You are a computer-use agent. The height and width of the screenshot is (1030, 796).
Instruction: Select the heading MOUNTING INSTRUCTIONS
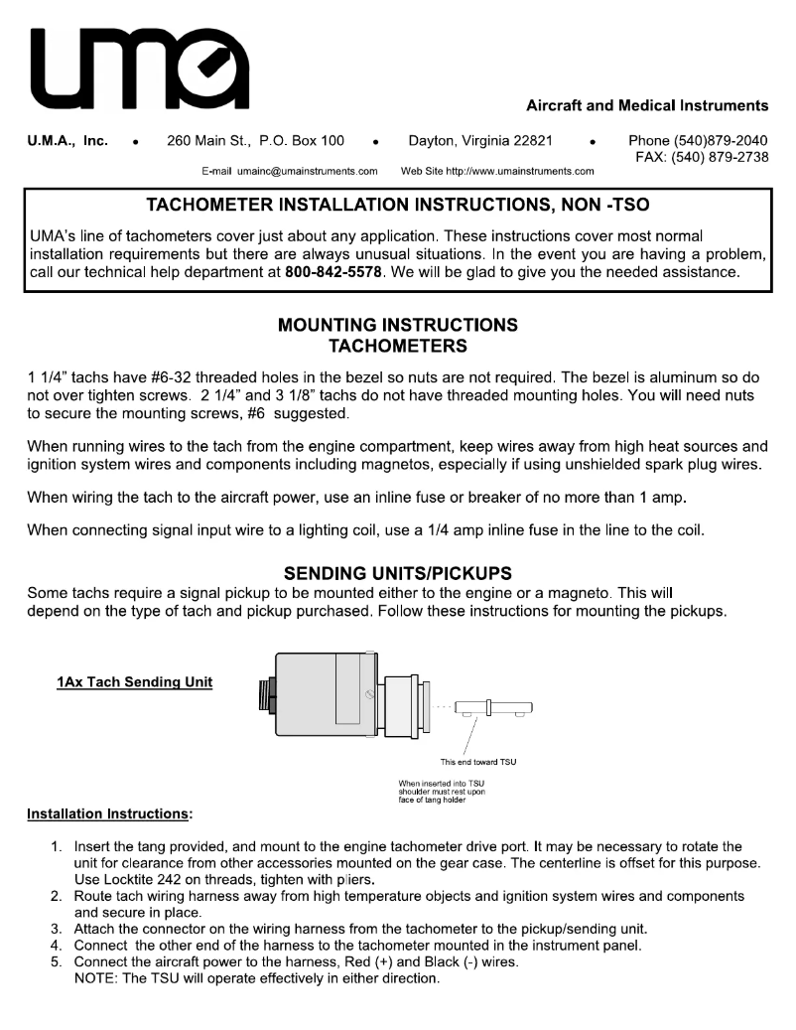[397, 325]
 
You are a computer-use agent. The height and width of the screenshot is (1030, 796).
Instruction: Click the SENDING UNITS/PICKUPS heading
[397, 573]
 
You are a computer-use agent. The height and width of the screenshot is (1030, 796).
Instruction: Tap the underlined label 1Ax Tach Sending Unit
[134, 682]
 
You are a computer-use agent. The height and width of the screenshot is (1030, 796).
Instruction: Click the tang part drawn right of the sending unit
[493, 708]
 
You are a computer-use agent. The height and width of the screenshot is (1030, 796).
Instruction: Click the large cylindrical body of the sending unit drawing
[318, 696]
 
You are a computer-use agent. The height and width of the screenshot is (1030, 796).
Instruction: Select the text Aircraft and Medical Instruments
[646, 105]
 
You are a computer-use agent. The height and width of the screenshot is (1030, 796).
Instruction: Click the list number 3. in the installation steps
[57, 929]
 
